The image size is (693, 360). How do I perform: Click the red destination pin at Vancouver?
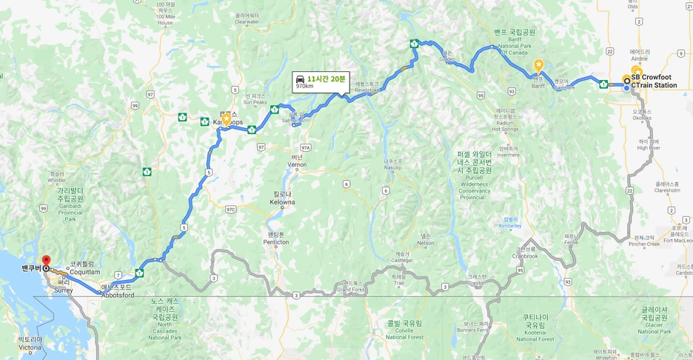(x=45, y=261)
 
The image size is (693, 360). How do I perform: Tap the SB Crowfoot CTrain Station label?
(x=654, y=81)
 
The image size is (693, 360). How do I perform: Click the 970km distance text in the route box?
(x=304, y=87)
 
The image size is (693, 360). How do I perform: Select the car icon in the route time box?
(x=299, y=79)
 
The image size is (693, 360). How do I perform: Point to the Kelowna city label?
(x=282, y=201)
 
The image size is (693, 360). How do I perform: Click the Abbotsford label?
(x=118, y=295)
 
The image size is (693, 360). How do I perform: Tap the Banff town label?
(x=538, y=86)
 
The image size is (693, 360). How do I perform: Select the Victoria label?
(x=30, y=347)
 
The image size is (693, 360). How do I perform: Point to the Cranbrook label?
(x=525, y=256)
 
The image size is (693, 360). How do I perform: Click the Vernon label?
(x=296, y=164)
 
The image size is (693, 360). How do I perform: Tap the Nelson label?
(x=425, y=243)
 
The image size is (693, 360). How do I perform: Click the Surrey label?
(x=64, y=290)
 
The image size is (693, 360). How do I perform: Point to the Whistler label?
(x=56, y=180)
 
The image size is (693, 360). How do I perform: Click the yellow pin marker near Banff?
(x=539, y=65)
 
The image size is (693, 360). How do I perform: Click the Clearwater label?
(x=247, y=22)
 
